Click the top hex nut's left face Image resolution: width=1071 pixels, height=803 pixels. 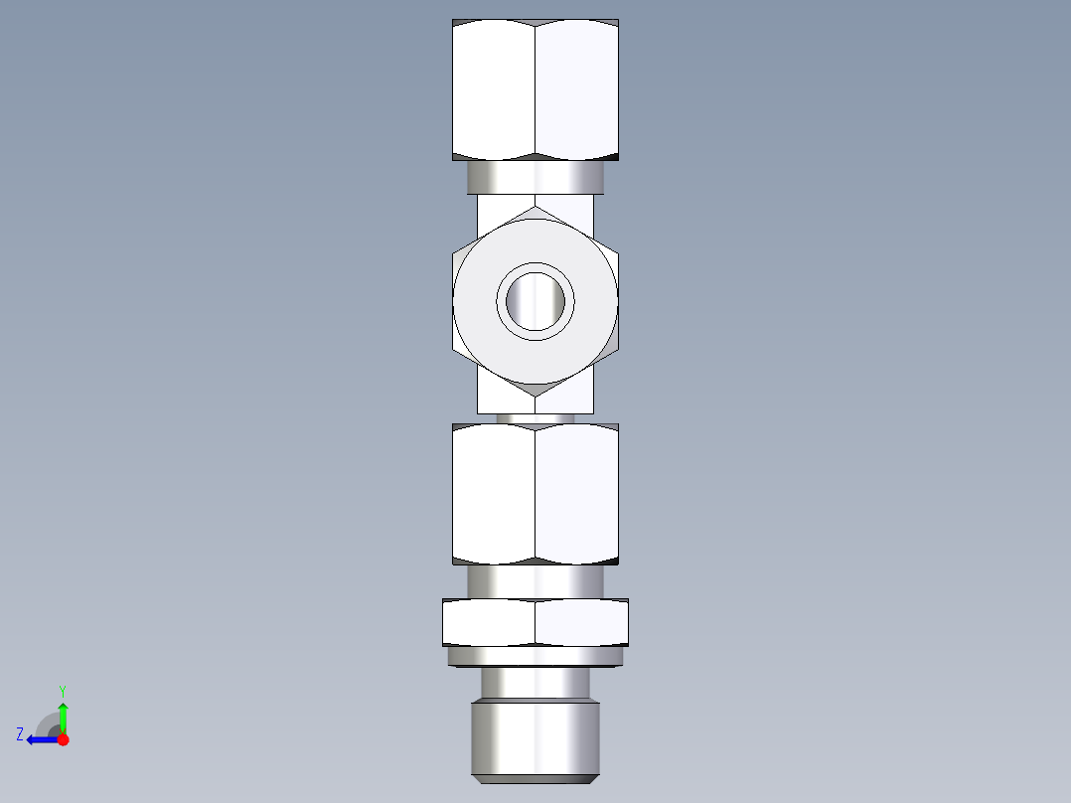coord(494,89)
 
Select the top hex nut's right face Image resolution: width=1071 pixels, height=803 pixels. coord(576,89)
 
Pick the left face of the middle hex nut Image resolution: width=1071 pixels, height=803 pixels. coord(494,494)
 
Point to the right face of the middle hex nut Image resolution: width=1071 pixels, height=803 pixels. coord(576,494)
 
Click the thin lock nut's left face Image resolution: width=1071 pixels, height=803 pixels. coord(489,623)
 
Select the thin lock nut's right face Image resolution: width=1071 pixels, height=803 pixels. coord(581,623)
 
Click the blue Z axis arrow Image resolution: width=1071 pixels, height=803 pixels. coord(40,739)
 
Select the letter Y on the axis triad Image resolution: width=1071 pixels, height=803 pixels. coord(62,690)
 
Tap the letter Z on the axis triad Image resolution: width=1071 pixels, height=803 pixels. coord(20,734)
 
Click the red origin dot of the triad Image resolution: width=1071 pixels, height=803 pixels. coord(64,739)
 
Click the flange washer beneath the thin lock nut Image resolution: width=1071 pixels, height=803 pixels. coord(535,656)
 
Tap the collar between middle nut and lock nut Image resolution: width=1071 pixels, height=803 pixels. coord(535,581)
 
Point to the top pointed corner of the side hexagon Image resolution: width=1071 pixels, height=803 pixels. coord(535,209)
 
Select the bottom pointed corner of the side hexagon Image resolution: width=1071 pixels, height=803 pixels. coord(535,396)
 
